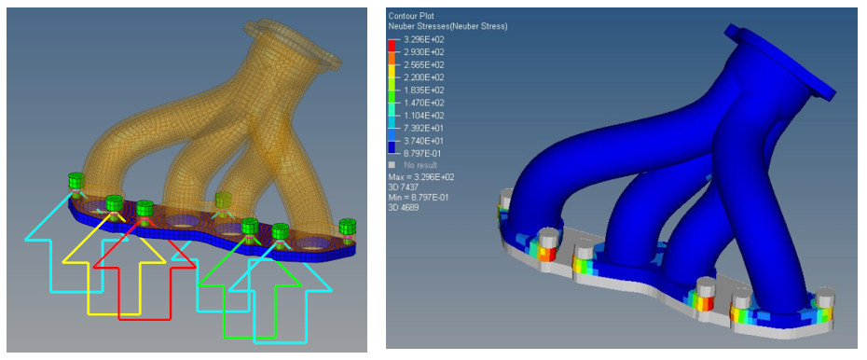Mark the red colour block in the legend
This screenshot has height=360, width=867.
[392, 45]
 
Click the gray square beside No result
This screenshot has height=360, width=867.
[392, 165]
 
